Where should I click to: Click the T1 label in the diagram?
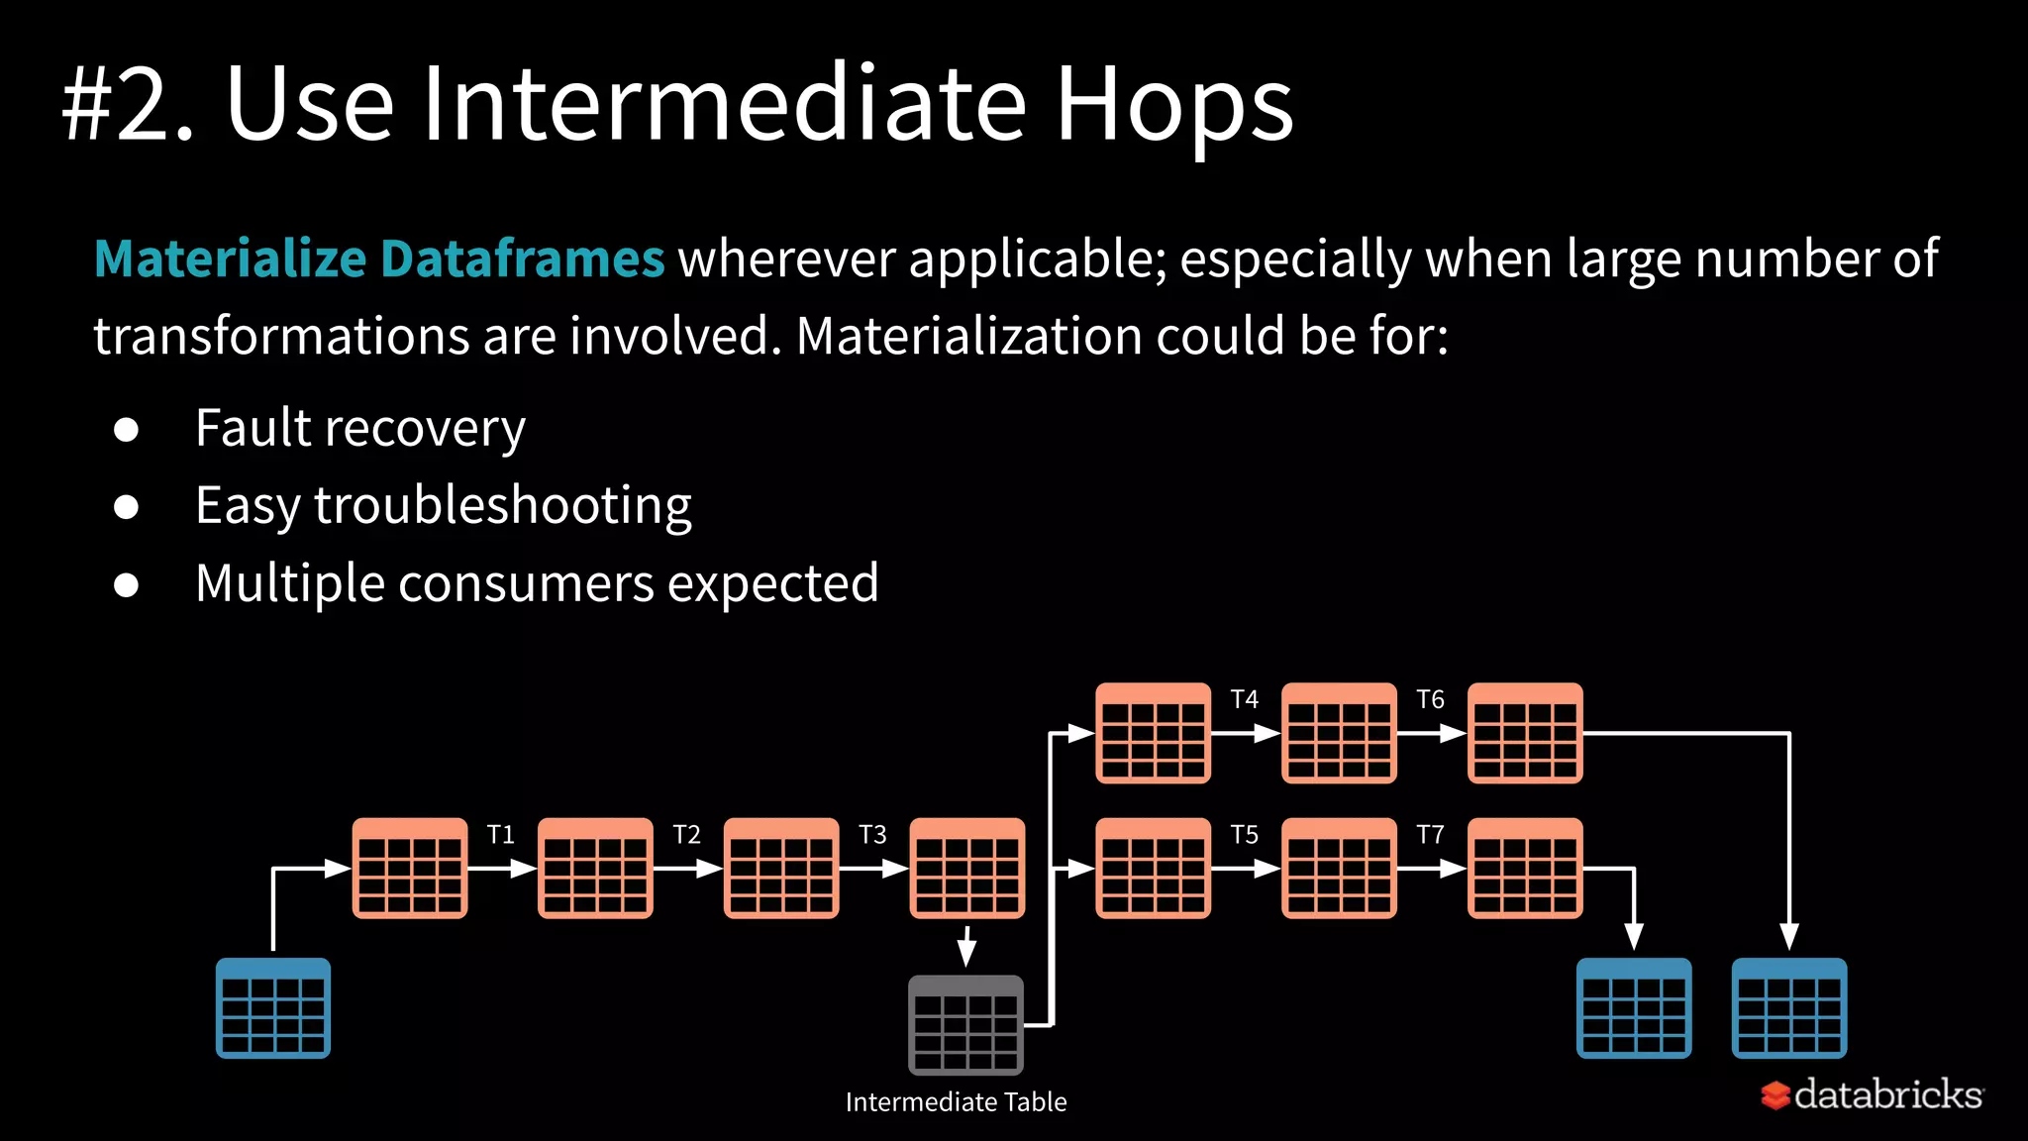coord(501,835)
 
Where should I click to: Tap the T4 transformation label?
coord(1244,699)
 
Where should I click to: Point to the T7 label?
coord(1430,835)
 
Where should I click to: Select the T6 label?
coord(1430,699)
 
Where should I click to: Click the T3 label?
coord(872,835)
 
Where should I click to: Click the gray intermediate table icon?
coord(965,1025)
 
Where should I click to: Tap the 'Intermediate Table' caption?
coord(956,1101)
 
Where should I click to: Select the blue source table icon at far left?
coord(273,1007)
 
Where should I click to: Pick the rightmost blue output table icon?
coord(1788,1007)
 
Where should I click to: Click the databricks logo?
coord(1872,1094)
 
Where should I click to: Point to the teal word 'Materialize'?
coord(230,259)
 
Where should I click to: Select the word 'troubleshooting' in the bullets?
coord(502,506)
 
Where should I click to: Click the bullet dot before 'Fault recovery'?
coord(126,429)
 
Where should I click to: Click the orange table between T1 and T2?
coord(595,869)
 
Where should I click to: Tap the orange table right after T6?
coord(1525,733)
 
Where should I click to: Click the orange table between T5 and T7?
coord(1339,869)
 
